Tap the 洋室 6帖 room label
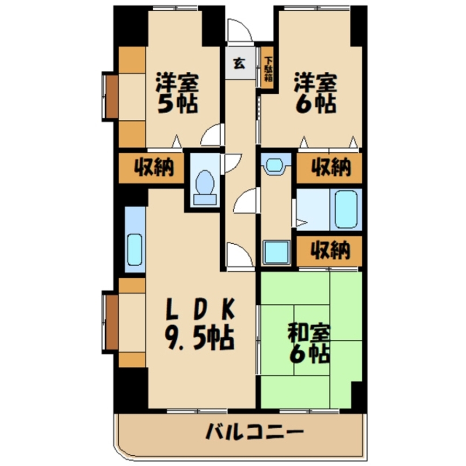pos(314,93)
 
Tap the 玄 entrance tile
pos(239,63)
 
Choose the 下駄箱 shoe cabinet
pos(268,69)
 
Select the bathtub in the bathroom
pos(345,209)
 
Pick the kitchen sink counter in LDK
pos(135,240)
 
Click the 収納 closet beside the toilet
pos(154,168)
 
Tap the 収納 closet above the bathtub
pos(330,168)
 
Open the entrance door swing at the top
pos(239,31)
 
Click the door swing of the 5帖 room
pos(212,135)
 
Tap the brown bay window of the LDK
pos(111,322)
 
